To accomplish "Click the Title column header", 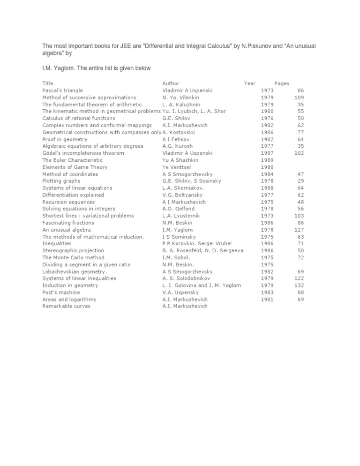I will tap(48, 83).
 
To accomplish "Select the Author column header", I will tap(171, 83).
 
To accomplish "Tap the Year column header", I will tap(249, 83).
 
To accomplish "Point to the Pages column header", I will tap(282, 83).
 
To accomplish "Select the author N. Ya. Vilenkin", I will tap(180, 98).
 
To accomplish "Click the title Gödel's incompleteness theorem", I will tap(83, 153).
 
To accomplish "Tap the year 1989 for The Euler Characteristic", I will tap(267, 160).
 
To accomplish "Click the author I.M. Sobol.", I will tap(176, 258).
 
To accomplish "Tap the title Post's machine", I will tap(61, 293).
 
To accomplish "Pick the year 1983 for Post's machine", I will tap(267, 293).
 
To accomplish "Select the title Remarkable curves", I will tap(66, 307).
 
